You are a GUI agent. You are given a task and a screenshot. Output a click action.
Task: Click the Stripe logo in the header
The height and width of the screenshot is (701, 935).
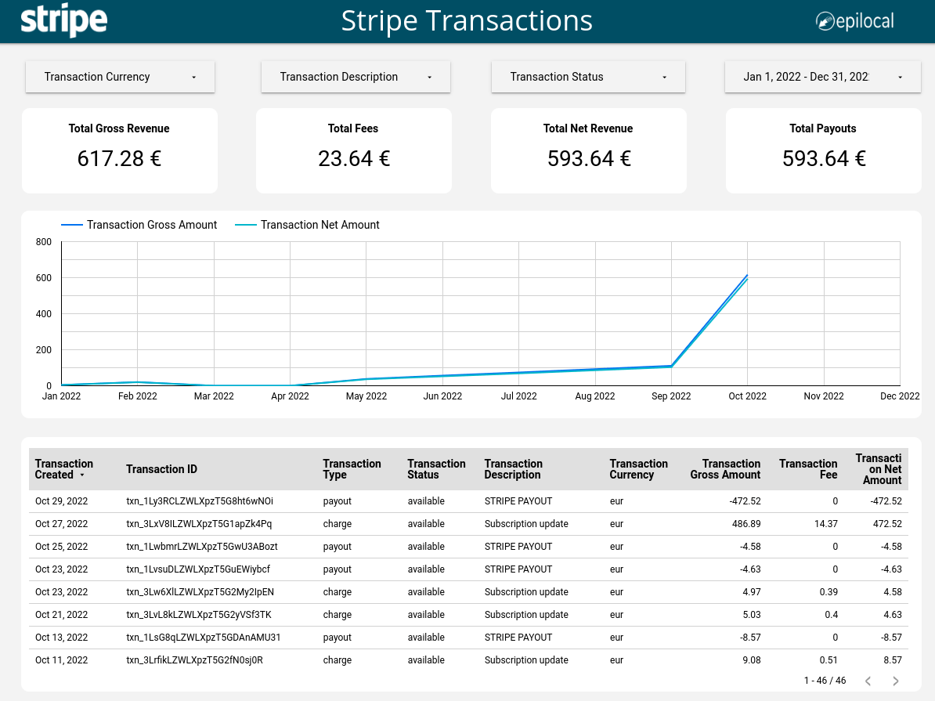(63, 21)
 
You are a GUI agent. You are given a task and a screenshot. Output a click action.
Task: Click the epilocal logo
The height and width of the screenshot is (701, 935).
(854, 21)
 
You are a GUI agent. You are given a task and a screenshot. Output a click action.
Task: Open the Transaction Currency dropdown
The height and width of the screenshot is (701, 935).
(120, 77)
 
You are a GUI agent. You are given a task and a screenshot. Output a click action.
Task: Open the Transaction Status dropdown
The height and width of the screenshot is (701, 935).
(588, 77)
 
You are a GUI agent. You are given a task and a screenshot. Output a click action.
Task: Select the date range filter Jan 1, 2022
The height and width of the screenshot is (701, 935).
(822, 77)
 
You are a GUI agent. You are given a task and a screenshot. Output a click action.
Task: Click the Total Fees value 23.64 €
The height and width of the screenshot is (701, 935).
(354, 159)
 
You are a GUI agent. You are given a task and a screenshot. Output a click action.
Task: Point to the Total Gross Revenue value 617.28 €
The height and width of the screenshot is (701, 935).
(119, 159)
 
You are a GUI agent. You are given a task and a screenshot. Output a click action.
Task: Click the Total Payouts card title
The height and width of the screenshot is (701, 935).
(823, 128)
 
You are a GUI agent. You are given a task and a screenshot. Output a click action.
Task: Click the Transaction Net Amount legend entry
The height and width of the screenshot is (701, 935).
(319, 225)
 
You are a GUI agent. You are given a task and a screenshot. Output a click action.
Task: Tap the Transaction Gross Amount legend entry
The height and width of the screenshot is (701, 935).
(151, 225)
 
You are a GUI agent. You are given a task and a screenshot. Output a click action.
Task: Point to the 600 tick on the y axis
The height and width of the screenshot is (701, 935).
(44, 278)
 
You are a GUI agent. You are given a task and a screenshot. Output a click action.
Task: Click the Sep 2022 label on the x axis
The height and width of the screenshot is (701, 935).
(671, 396)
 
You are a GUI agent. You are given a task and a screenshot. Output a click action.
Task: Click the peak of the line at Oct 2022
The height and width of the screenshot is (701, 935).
(747, 276)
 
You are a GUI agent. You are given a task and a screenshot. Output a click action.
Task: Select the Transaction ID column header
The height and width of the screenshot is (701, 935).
(161, 469)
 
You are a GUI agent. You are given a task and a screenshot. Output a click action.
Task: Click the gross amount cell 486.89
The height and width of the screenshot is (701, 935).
(743, 524)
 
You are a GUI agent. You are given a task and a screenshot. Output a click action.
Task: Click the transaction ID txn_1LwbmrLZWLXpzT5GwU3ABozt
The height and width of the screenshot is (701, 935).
(201, 547)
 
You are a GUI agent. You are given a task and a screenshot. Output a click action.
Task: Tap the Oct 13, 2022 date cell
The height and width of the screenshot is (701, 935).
(61, 638)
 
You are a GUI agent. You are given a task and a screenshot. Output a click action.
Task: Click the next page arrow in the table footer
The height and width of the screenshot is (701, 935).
(896, 681)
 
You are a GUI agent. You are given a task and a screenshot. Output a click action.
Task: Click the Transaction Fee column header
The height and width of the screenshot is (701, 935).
(808, 469)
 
